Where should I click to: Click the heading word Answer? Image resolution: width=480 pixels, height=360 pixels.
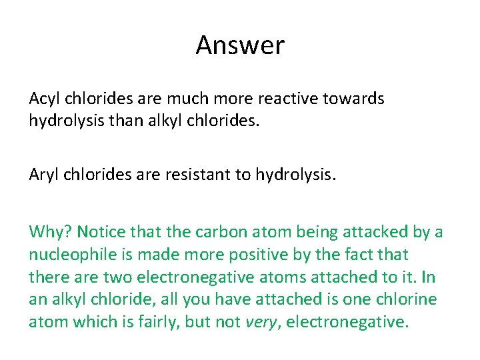coord(240,45)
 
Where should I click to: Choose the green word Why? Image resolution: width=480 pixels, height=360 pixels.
coord(51,232)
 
